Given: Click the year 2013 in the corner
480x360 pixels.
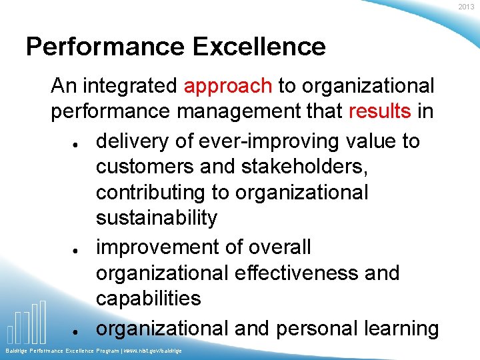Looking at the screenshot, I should [x=469, y=6].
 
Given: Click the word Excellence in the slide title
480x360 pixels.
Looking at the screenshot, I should [x=259, y=47].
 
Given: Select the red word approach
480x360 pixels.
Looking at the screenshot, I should [x=228, y=86].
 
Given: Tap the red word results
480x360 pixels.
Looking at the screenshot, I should [x=379, y=111].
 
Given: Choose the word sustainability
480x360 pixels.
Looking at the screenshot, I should [x=157, y=217].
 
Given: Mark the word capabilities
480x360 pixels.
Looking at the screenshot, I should [x=148, y=298].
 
